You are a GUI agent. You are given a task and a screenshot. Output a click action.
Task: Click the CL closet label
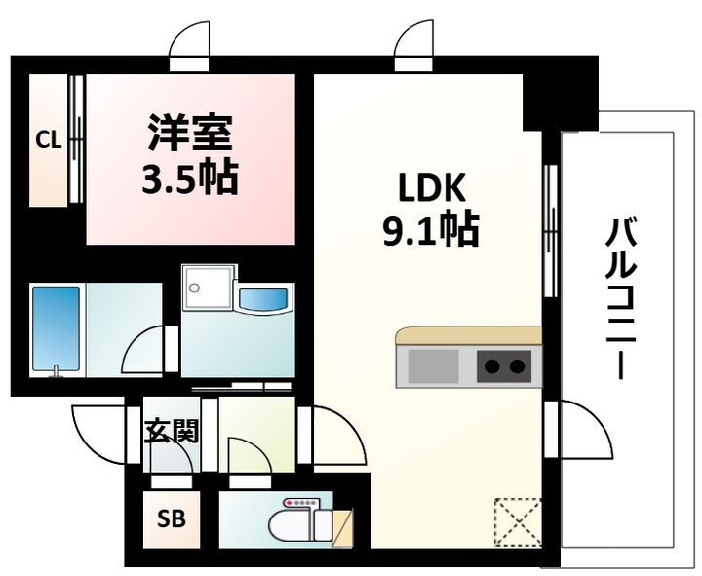click(x=49, y=140)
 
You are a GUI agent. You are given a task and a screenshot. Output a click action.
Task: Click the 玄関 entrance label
click(x=172, y=431)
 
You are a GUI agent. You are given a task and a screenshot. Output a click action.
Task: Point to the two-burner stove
click(x=503, y=367)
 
